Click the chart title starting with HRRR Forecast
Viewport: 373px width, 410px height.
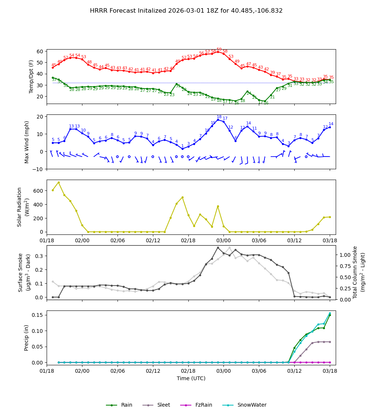coord(186,11)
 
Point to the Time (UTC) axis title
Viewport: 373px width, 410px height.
coord(191,378)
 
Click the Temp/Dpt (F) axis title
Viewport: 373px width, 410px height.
coord(31,76)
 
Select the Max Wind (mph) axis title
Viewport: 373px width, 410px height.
coord(27,142)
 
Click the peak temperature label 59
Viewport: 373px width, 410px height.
coord(219,50)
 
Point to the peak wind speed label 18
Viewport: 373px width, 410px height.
coord(219,117)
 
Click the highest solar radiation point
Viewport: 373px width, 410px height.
coord(59,183)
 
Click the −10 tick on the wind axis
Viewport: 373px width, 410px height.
coord(37,169)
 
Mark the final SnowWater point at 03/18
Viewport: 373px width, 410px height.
coord(330,313)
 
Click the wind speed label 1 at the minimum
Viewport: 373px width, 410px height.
coord(182,146)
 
